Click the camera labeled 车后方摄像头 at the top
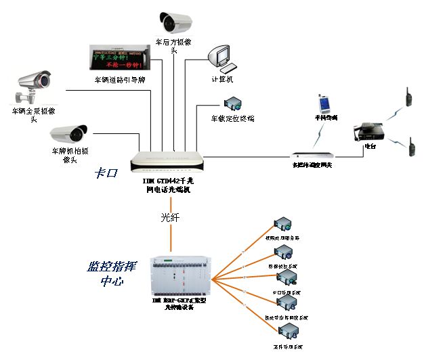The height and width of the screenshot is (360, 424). point(177,23)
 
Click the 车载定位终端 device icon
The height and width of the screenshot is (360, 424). point(234,104)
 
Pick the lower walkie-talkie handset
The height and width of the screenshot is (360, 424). point(410,147)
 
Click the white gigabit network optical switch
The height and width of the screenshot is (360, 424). point(167,162)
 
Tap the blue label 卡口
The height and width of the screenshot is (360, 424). point(106,173)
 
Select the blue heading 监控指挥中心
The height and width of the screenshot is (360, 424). point(108,273)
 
